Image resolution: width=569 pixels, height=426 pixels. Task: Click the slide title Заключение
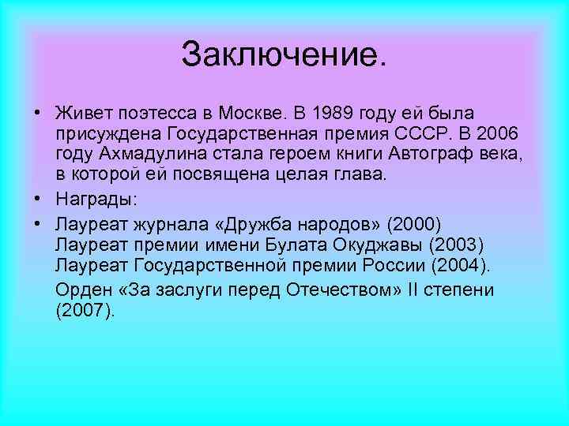284,54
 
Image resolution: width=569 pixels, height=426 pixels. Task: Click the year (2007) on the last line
85,312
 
